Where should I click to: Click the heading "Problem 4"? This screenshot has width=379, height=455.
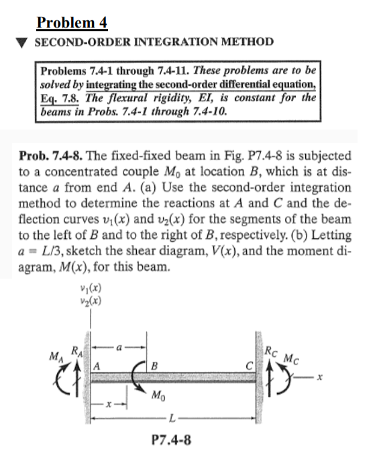pos(72,23)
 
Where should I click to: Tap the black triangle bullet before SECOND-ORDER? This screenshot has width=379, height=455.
pos(21,42)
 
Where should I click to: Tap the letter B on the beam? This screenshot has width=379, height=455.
pos(154,366)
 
